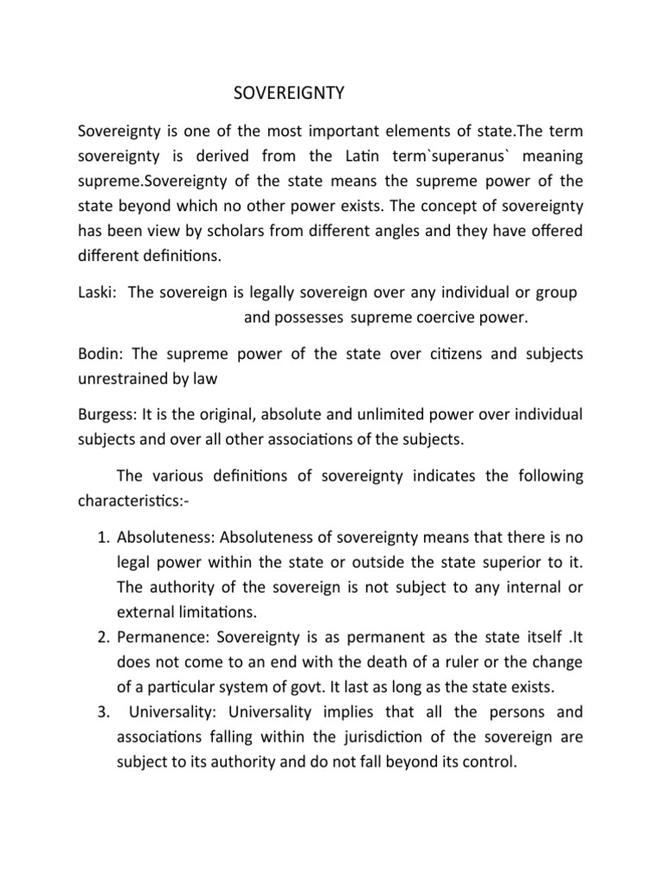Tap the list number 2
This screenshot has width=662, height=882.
[98, 638]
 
